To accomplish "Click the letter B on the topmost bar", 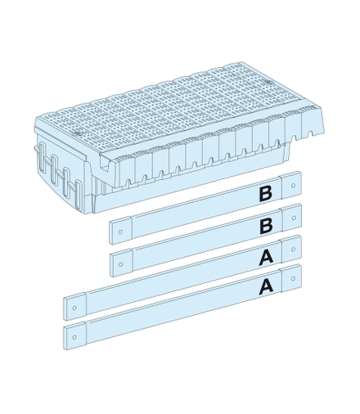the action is click(266, 193).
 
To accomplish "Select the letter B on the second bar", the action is click(266, 226).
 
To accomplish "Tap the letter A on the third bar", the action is click(266, 256).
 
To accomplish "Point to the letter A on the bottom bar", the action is click(266, 286).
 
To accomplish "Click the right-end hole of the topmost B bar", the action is click(294, 186).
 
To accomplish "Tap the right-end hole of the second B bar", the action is click(294, 218).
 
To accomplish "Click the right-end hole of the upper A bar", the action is click(294, 249).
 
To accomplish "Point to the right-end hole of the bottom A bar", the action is click(294, 278).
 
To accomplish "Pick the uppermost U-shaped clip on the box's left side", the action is click(43, 154).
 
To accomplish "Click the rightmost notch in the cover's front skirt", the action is click(310, 134).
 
